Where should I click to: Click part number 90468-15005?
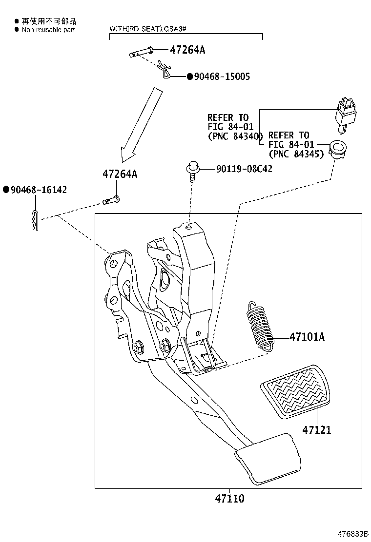pyautogui.click(x=222, y=77)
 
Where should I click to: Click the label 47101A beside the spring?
pyautogui.click(x=307, y=337)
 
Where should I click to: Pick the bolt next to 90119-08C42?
pyautogui.click(x=192, y=172)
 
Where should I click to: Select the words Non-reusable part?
pyautogui.click(x=48, y=29)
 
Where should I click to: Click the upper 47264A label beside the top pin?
pyautogui.click(x=188, y=49)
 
